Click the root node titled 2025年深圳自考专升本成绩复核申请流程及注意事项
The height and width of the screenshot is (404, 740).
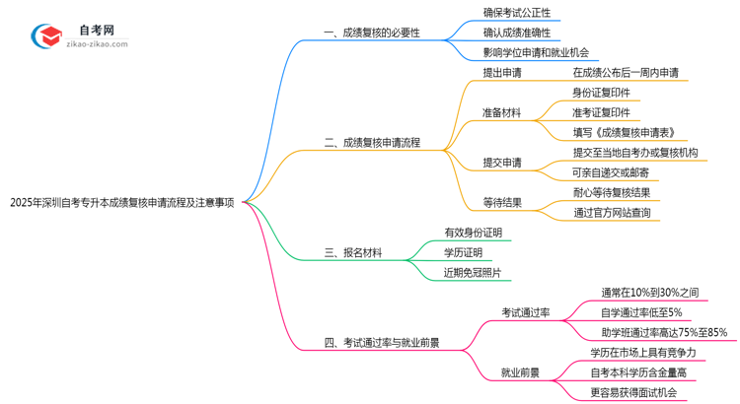pyautogui.click(x=121, y=204)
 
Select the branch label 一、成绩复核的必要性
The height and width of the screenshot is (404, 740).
pyautogui.click(x=371, y=33)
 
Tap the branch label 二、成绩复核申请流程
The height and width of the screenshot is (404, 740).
pyautogui.click(x=371, y=143)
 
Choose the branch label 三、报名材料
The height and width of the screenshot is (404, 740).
pyautogui.click(x=354, y=253)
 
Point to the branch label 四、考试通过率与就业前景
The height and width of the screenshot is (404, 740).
pyautogui.click(x=381, y=343)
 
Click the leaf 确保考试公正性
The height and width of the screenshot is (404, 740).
pyautogui.click(x=516, y=13)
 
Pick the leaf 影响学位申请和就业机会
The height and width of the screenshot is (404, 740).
pyautogui.click(x=536, y=52)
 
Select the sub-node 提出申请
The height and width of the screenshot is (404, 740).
pyautogui.click(x=502, y=73)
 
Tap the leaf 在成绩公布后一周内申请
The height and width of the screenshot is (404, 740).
pyautogui.click(x=625, y=73)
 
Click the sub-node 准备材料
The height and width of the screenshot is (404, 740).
pyautogui.click(x=502, y=113)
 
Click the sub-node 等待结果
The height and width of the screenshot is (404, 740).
pyautogui.click(x=502, y=202)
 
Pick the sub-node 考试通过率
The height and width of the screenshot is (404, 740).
pyautogui.click(x=526, y=312)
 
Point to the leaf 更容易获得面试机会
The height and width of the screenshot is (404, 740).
pyautogui.click(x=633, y=392)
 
